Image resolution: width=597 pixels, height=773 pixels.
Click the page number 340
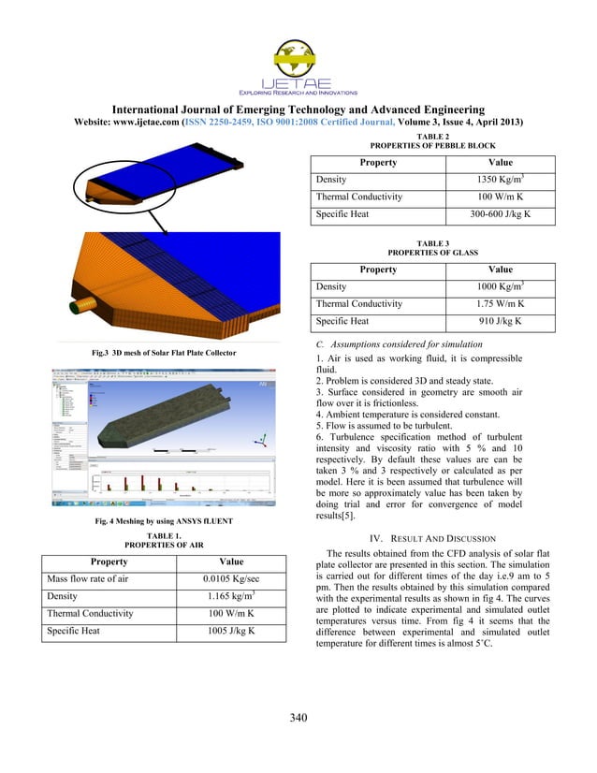(298, 718)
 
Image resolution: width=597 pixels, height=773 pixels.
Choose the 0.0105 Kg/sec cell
(218, 579)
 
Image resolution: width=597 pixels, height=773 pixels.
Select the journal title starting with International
(298, 109)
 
